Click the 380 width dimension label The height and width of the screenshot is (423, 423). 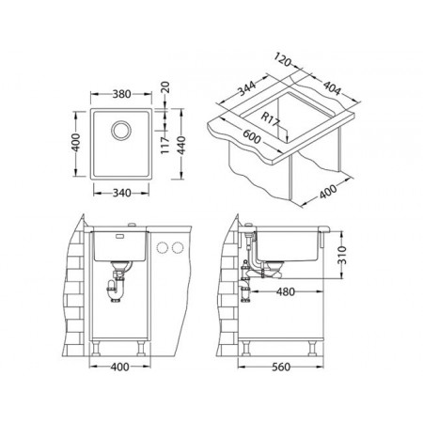click(121, 94)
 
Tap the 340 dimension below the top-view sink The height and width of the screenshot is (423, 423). click(121, 193)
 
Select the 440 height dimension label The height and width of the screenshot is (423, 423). click(181, 145)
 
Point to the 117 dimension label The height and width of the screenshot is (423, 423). click(165, 145)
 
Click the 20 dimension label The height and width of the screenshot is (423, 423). click(165, 87)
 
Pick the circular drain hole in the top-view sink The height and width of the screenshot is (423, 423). click(121, 130)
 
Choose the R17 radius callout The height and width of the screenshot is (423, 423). click(270, 118)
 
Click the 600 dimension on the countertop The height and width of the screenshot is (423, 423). click(252, 136)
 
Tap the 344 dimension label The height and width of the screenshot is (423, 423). click(246, 87)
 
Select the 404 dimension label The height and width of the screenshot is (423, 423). click(331, 88)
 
